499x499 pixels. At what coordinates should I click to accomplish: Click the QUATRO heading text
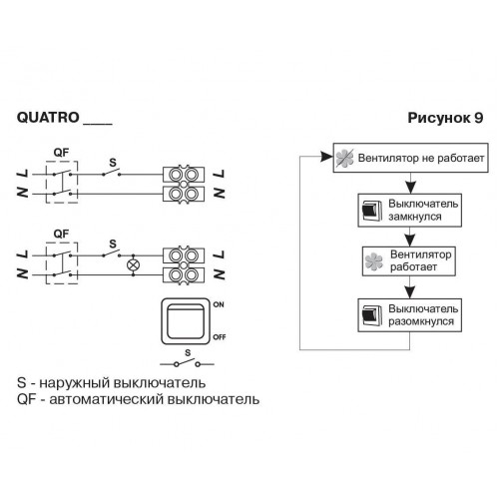(48, 118)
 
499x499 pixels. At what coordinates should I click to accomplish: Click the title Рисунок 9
(445, 118)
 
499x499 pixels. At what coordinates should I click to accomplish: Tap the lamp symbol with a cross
(134, 265)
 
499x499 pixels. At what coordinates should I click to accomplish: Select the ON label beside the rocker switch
(219, 304)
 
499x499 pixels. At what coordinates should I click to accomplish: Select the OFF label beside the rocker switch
(220, 337)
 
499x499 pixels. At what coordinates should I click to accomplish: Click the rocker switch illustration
(186, 321)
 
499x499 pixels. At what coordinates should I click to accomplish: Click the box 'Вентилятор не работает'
(411, 158)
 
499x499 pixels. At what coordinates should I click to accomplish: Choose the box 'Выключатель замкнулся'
(410, 211)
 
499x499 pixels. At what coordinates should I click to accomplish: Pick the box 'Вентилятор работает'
(409, 261)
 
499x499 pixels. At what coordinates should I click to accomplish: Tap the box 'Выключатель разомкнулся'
(410, 315)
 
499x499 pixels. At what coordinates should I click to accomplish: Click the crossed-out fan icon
(344, 158)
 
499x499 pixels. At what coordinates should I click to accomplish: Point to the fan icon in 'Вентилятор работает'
(374, 261)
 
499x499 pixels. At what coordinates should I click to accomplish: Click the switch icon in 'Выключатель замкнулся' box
(371, 210)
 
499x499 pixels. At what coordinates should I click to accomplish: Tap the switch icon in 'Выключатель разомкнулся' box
(371, 315)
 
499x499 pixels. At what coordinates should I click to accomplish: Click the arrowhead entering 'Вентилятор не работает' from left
(326, 157)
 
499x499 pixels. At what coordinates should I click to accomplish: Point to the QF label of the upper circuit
(61, 153)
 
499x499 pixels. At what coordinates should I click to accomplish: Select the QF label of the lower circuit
(61, 234)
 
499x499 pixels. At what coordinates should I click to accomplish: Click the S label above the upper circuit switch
(113, 163)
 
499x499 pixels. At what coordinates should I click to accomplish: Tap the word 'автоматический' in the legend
(107, 399)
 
